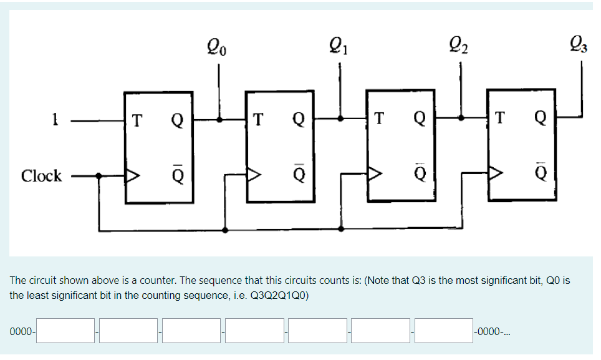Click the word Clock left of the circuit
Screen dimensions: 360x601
(41, 176)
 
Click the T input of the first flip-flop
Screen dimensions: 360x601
(137, 117)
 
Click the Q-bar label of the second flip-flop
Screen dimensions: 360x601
(299, 174)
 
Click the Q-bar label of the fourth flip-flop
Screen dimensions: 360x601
(540, 174)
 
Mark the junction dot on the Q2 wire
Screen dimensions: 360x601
(461, 117)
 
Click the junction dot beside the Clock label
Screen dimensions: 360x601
(100, 176)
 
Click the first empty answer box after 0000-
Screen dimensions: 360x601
(66, 331)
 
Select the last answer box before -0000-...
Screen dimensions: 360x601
(444, 331)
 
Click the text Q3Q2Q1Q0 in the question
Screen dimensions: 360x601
(277, 295)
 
